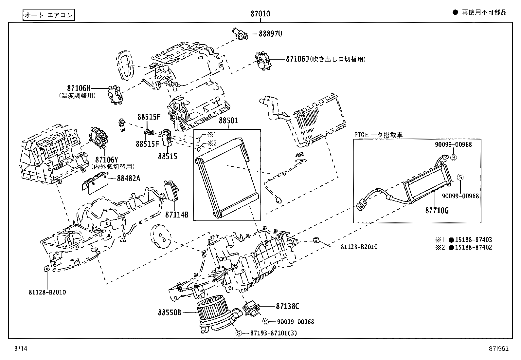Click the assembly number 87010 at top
click(x=260, y=14)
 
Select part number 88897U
click(x=270, y=34)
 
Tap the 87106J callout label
click(x=297, y=59)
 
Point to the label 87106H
click(x=79, y=88)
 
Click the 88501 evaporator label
click(x=228, y=121)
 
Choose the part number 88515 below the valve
click(x=167, y=156)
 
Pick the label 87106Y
click(x=106, y=160)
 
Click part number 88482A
click(x=129, y=178)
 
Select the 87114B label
click(x=177, y=215)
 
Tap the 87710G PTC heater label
click(x=437, y=211)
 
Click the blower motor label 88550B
click(x=169, y=313)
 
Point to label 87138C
click(x=287, y=306)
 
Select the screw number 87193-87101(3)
click(x=274, y=333)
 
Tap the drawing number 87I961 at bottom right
click(x=499, y=349)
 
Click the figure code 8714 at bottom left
click(x=20, y=349)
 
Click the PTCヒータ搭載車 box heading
click(x=378, y=135)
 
